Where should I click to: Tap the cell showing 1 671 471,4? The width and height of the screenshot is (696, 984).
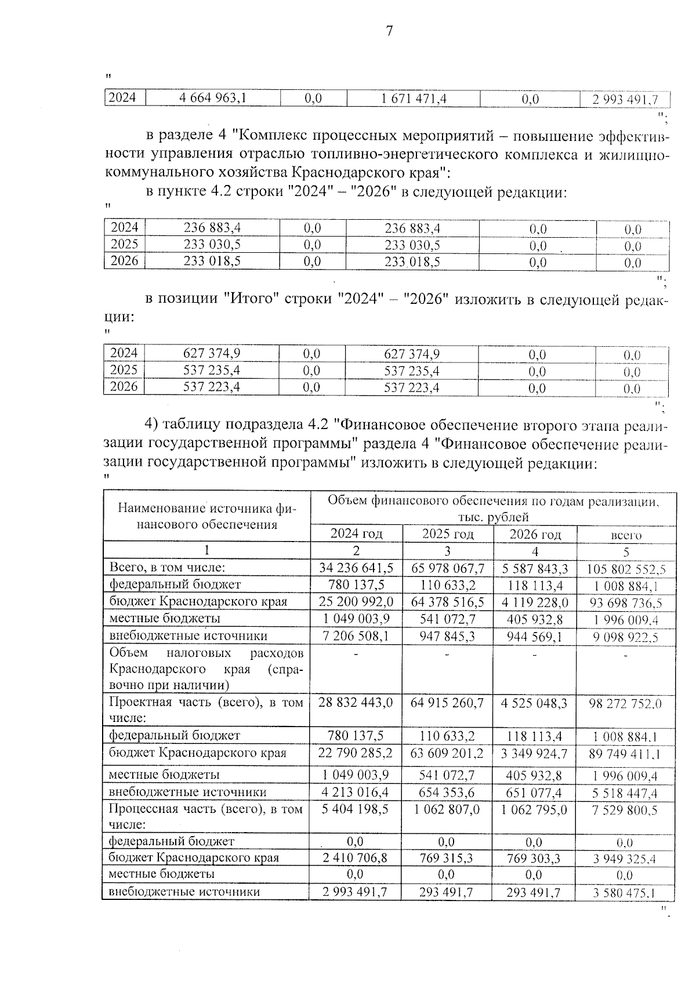pyautogui.click(x=414, y=99)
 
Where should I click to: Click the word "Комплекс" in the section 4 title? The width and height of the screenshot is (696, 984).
pyautogui.click(x=272, y=137)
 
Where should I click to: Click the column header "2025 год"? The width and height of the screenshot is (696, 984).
pyautogui.click(x=448, y=533)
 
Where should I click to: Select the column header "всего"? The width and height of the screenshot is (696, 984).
pyautogui.click(x=626, y=535)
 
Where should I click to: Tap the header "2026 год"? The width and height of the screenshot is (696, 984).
pyautogui.click(x=535, y=534)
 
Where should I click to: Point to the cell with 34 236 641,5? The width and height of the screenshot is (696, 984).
pyautogui.click(x=356, y=568)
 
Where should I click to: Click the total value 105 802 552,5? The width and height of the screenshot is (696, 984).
pyautogui.click(x=626, y=569)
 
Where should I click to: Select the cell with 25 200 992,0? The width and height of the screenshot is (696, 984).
pyautogui.click(x=356, y=601)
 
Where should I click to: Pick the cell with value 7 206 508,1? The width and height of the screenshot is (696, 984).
pyautogui.click(x=356, y=636)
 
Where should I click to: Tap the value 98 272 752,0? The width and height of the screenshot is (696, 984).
pyautogui.click(x=626, y=703)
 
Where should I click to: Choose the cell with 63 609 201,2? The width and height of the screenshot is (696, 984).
pyautogui.click(x=448, y=753)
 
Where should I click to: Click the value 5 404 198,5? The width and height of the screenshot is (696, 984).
pyautogui.click(x=356, y=809)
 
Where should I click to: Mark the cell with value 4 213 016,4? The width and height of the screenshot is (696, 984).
pyautogui.click(x=356, y=792)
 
